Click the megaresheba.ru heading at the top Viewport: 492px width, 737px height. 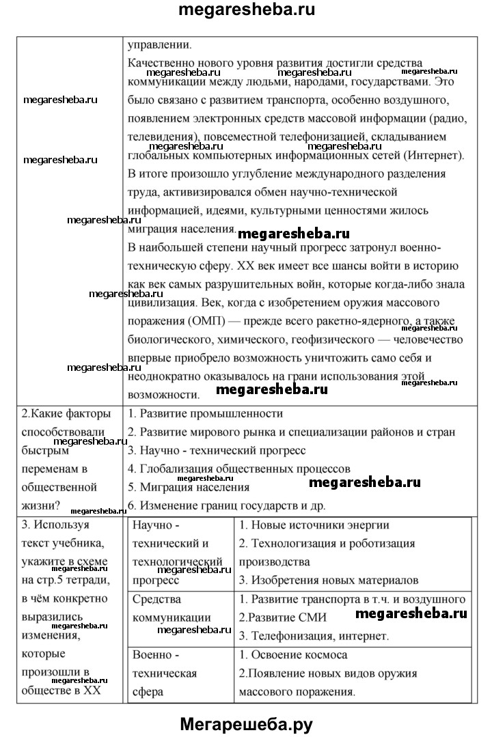coord(245,12)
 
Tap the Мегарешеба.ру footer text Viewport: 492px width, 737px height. coord(245,722)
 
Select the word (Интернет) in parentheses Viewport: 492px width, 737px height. coord(431,155)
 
